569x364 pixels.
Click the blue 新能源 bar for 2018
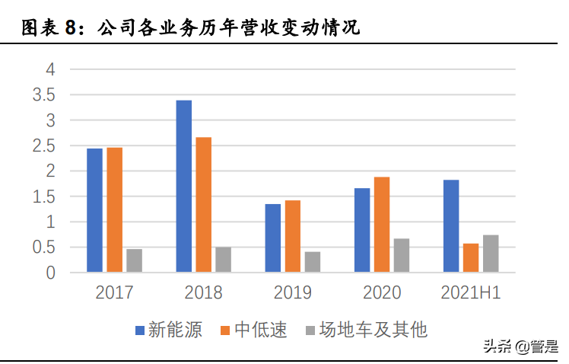(183, 186)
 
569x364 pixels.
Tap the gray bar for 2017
(134, 260)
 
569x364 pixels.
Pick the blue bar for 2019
(272, 238)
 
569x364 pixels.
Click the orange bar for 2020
(382, 224)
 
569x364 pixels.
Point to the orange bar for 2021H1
(471, 257)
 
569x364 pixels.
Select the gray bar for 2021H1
(491, 253)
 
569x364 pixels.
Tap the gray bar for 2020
(402, 255)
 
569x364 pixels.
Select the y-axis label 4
(51, 69)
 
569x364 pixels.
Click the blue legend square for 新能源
(139, 330)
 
